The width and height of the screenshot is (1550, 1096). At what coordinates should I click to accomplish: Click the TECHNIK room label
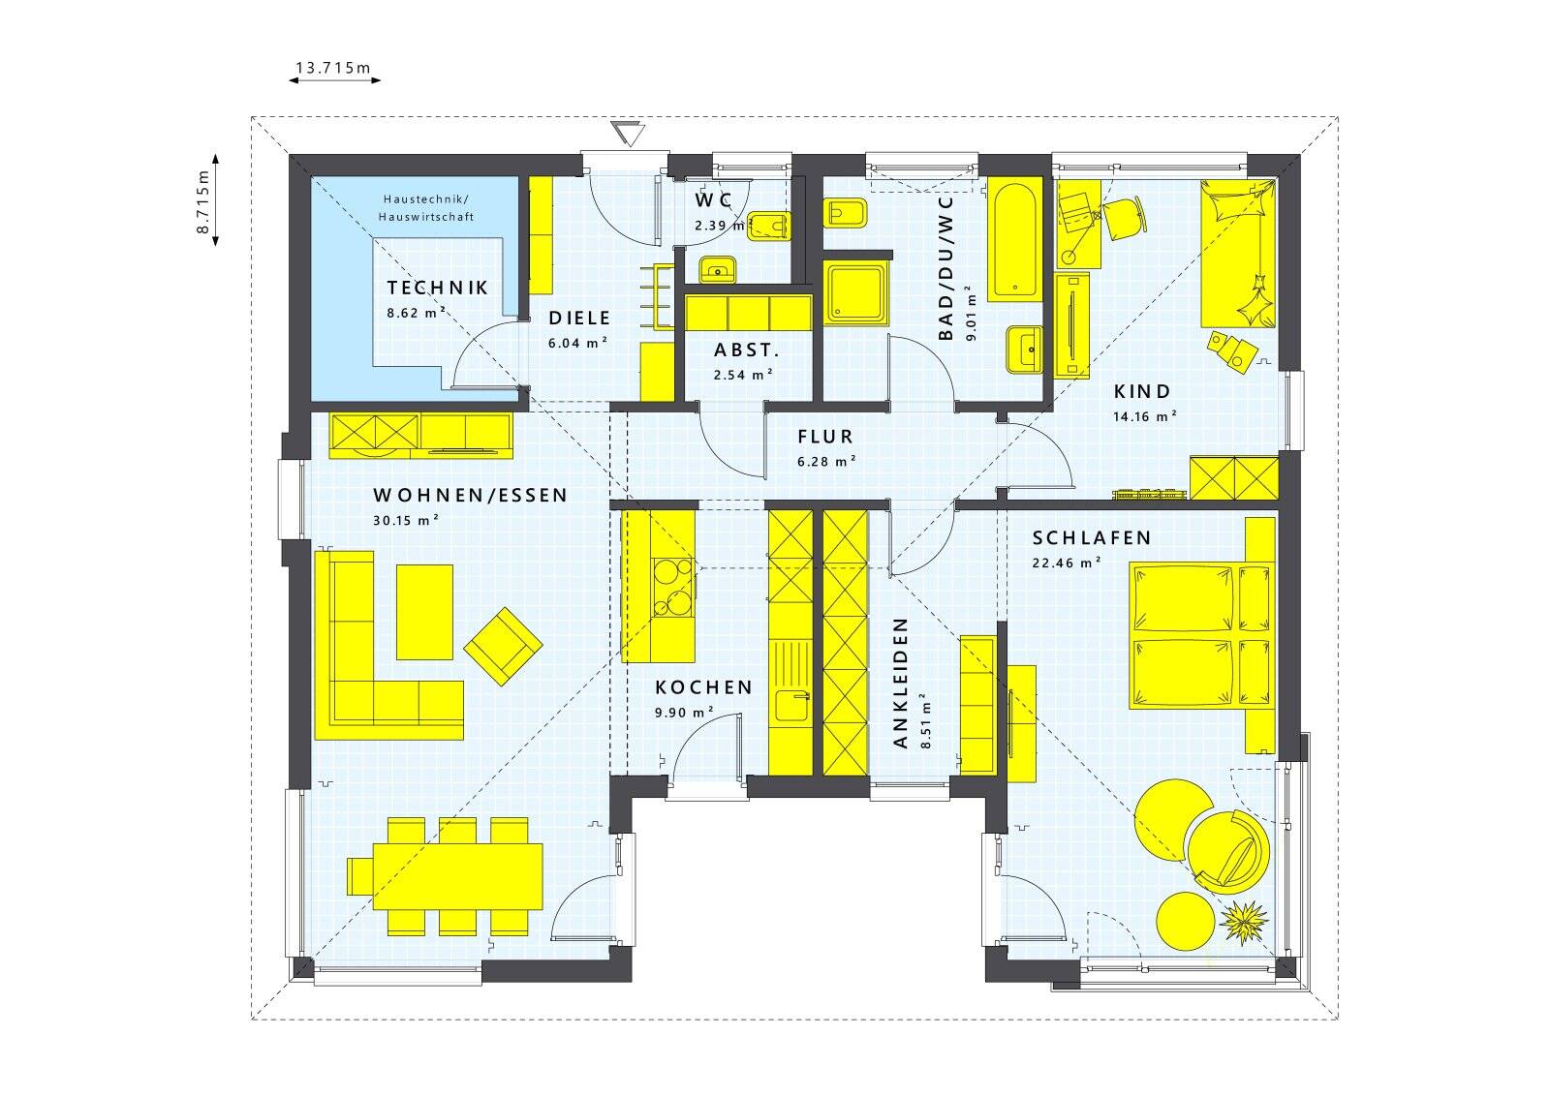tap(437, 288)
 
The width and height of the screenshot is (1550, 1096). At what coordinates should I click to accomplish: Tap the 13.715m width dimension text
tap(333, 68)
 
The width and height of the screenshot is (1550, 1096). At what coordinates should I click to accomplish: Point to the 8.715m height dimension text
tap(202, 200)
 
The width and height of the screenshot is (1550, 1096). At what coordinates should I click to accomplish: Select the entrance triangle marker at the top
tap(629, 134)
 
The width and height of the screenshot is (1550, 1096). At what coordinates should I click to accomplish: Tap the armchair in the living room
tap(503, 646)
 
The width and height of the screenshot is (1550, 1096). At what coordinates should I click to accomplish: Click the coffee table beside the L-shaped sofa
tap(424, 612)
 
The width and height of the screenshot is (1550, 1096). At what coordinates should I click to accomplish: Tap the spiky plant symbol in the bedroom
tap(1241, 922)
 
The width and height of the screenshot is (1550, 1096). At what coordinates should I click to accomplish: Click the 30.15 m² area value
tap(405, 520)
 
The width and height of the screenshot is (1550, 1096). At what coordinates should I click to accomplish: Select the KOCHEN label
tap(703, 687)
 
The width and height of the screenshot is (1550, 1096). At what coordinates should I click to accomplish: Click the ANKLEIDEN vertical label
tap(900, 683)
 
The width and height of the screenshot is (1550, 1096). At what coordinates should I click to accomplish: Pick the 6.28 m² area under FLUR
tap(825, 462)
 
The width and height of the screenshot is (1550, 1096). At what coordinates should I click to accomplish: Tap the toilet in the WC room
tap(772, 226)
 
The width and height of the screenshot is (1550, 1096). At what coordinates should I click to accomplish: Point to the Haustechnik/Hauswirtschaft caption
tap(426, 207)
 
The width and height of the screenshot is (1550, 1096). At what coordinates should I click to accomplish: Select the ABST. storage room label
tap(747, 350)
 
